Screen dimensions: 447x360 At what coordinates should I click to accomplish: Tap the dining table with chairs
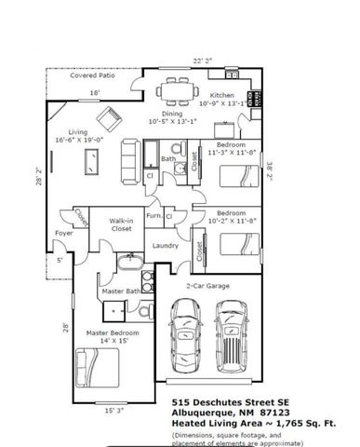tap(176, 90)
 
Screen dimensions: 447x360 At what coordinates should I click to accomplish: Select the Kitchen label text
tap(222, 96)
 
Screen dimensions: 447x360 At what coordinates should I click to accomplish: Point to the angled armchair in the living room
tap(111, 119)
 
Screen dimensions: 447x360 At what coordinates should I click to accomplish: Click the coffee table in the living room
tap(93, 162)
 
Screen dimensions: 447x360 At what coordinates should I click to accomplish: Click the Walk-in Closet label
tap(121, 223)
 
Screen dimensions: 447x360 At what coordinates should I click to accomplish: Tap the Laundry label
tap(166, 246)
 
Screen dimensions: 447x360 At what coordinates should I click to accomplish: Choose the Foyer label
tap(63, 234)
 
